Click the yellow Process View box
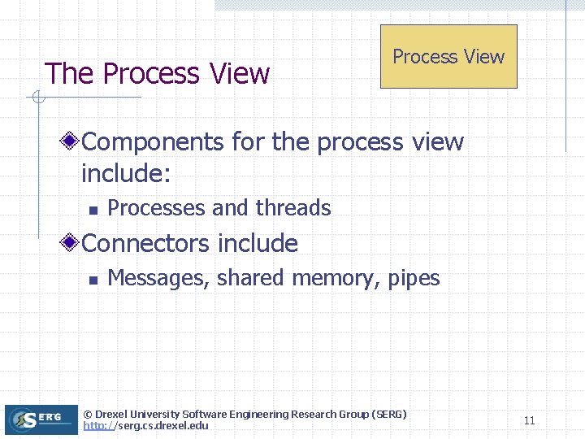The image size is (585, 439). [x=448, y=56]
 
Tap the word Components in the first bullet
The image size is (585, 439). [x=154, y=141]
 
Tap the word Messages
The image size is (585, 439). [x=159, y=278]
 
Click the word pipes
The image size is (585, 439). [x=414, y=278]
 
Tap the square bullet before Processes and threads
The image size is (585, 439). [x=93, y=210]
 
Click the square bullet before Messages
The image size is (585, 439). [x=93, y=280]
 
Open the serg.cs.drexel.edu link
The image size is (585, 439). [x=146, y=426]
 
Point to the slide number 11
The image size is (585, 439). [x=529, y=420]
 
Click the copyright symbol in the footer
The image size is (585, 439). [x=88, y=415]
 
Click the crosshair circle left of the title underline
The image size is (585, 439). [x=37, y=98]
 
